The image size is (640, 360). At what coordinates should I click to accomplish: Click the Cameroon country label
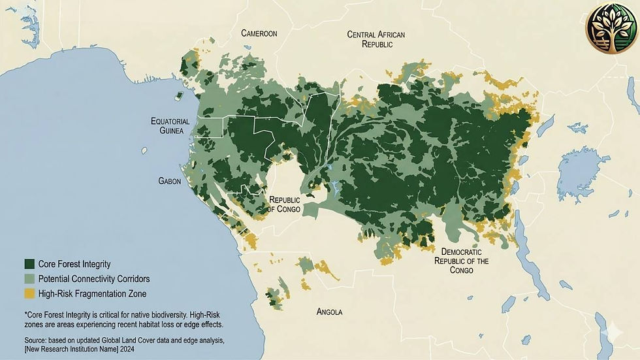259,33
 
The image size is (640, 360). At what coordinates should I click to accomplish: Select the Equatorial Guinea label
170,126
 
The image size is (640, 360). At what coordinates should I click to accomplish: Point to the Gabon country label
170,181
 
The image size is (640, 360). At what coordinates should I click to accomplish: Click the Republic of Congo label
284,205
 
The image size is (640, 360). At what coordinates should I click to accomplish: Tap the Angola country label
329,312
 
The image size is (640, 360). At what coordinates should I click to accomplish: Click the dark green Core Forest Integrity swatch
29,264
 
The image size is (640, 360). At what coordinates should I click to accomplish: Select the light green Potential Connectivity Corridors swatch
29,279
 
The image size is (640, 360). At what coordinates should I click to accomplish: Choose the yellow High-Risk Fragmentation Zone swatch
29,294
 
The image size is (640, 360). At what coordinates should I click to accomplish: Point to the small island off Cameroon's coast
178,96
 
